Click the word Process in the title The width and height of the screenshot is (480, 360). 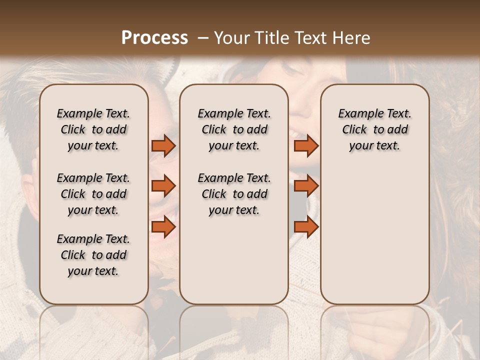pyautogui.click(x=154, y=38)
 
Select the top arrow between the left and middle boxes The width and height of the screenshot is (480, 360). pyautogui.click(x=163, y=145)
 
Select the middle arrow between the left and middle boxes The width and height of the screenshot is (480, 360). pyautogui.click(x=163, y=186)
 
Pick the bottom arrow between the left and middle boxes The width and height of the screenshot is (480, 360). pyautogui.click(x=163, y=227)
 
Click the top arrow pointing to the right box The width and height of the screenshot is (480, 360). pyautogui.click(x=306, y=145)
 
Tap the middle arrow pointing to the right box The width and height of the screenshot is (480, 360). pyautogui.click(x=306, y=186)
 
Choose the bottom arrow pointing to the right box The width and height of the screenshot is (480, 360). pyautogui.click(x=306, y=227)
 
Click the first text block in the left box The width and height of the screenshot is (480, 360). pyautogui.click(x=93, y=129)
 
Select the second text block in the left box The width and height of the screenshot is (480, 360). pyautogui.click(x=93, y=194)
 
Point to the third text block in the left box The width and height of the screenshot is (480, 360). pyautogui.click(x=93, y=255)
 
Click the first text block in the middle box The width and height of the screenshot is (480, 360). pyautogui.click(x=234, y=129)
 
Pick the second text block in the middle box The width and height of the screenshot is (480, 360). pyautogui.click(x=234, y=194)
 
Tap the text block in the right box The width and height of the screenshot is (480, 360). pyautogui.click(x=375, y=129)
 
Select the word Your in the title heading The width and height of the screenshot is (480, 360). pyautogui.click(x=230, y=38)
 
